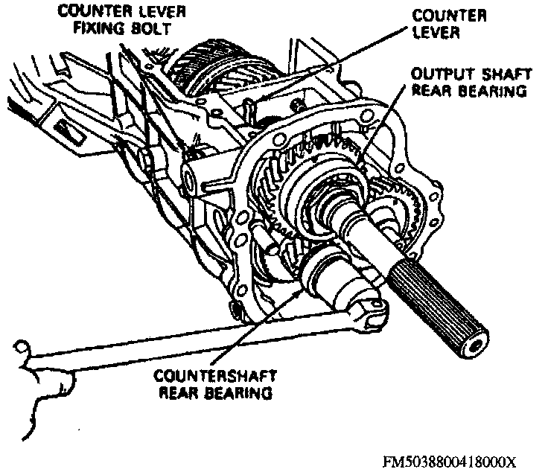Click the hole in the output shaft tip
[477, 344]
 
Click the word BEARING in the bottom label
[232, 392]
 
